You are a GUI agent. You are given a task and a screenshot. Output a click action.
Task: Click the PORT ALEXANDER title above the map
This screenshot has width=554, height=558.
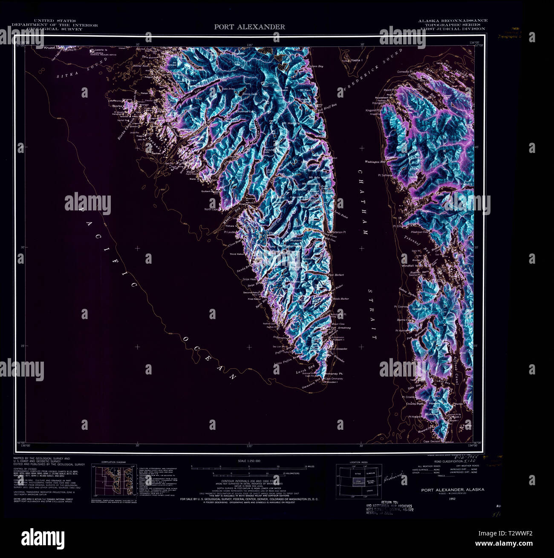pos(249,27)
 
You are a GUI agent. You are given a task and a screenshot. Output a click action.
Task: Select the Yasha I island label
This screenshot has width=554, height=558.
pos(356,60)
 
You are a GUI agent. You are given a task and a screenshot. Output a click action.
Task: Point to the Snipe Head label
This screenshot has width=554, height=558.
pos(249,279)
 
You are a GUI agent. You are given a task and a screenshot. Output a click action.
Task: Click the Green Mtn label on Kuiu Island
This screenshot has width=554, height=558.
pos(420,309)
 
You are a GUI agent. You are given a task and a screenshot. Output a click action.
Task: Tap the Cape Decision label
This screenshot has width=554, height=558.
pos(432,441)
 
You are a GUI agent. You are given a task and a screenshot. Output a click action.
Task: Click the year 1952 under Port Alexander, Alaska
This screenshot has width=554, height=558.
pos(452,498)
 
